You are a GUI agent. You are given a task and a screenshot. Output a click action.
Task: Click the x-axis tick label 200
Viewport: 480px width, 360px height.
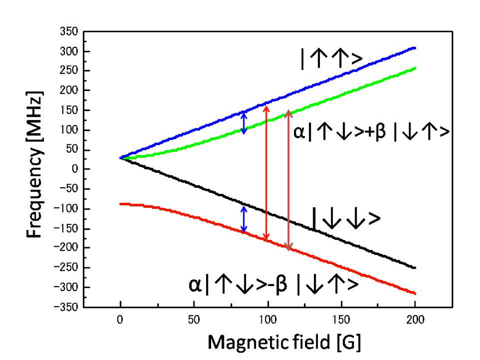tap(415, 319)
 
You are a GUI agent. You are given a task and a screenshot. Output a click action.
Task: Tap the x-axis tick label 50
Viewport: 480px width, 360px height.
tap(194, 319)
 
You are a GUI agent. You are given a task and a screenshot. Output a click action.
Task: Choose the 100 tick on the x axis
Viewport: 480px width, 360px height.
tap(268, 319)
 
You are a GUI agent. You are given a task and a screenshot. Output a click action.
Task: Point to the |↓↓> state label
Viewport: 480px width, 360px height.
tap(347, 218)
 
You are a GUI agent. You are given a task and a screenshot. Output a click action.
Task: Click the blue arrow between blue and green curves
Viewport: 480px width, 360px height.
tap(243, 123)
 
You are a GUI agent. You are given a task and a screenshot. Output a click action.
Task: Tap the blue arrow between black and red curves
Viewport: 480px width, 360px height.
tap(243, 219)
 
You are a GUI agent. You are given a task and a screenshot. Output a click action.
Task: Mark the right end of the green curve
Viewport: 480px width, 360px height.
tap(414, 68)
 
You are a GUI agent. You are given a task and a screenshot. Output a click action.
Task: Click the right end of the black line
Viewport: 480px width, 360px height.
tap(414, 268)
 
